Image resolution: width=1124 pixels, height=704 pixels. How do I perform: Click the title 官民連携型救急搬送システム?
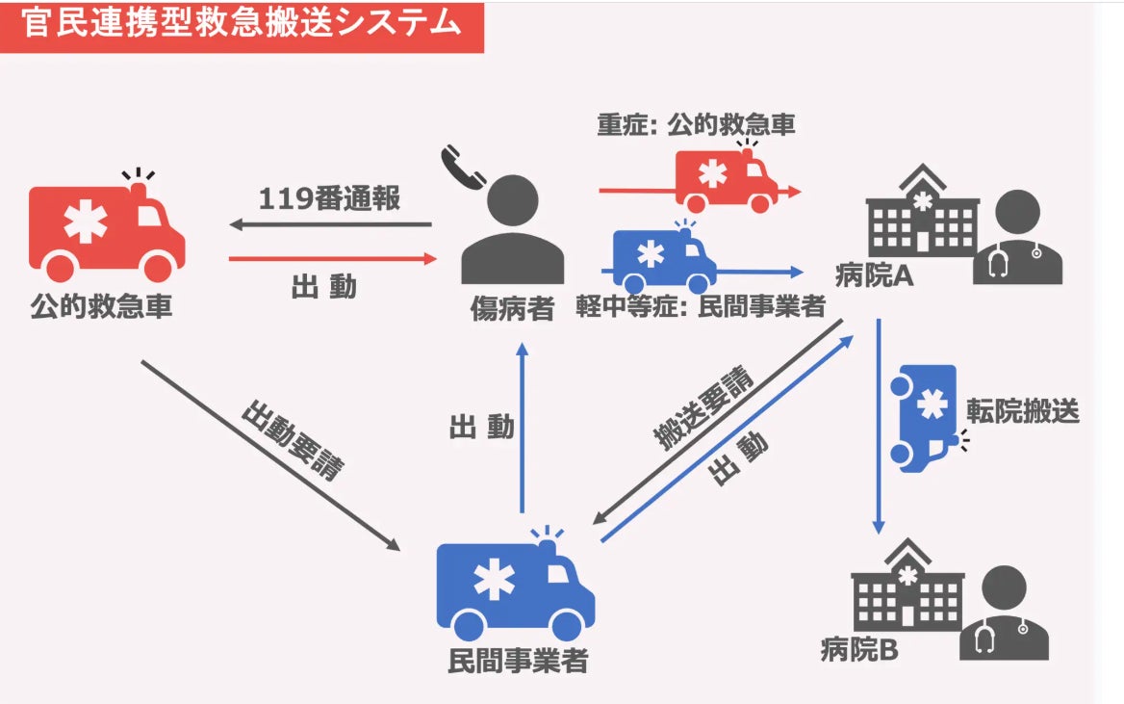[241, 24]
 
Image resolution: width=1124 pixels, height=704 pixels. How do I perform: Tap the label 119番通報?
[329, 199]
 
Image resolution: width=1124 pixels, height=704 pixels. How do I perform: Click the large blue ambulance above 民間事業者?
[515, 588]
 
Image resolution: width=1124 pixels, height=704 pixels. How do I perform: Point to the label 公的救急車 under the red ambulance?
[101, 308]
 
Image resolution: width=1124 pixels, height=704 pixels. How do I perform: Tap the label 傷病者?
[512, 308]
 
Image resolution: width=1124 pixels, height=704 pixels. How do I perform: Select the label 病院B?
[859, 650]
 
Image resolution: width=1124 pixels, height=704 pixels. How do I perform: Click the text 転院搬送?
[1023, 411]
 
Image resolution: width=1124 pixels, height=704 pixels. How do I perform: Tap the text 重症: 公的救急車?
[696, 125]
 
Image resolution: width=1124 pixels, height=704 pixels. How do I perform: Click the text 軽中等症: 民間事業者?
[701, 307]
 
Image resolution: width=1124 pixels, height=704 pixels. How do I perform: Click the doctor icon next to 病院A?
[1018, 238]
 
